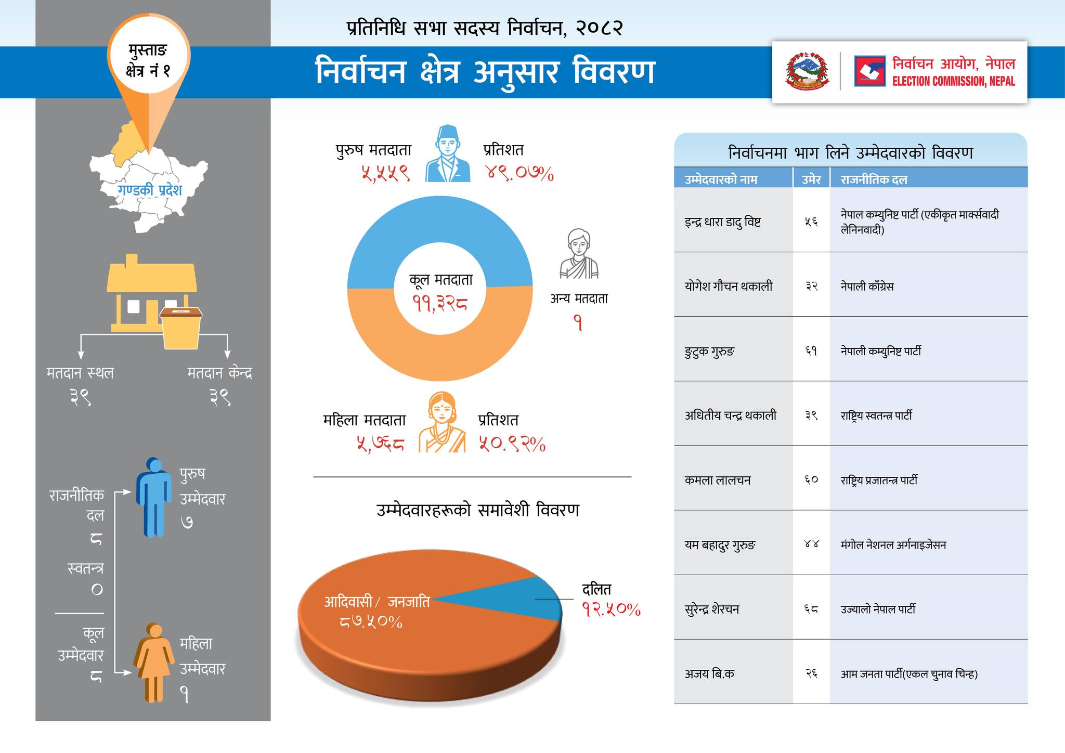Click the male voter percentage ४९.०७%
coord(519,173)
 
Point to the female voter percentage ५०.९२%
coord(512,444)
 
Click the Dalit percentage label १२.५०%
coord(611,609)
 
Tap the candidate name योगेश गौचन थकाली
coord(728,286)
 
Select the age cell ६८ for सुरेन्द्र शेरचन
coord(811,609)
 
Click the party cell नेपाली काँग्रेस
coord(867,286)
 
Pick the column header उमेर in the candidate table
coord(811,179)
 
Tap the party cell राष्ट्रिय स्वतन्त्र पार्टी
coord(876,416)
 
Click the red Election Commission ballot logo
coord(869,71)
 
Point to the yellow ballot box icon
coord(181,328)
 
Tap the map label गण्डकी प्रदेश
coord(150,190)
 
